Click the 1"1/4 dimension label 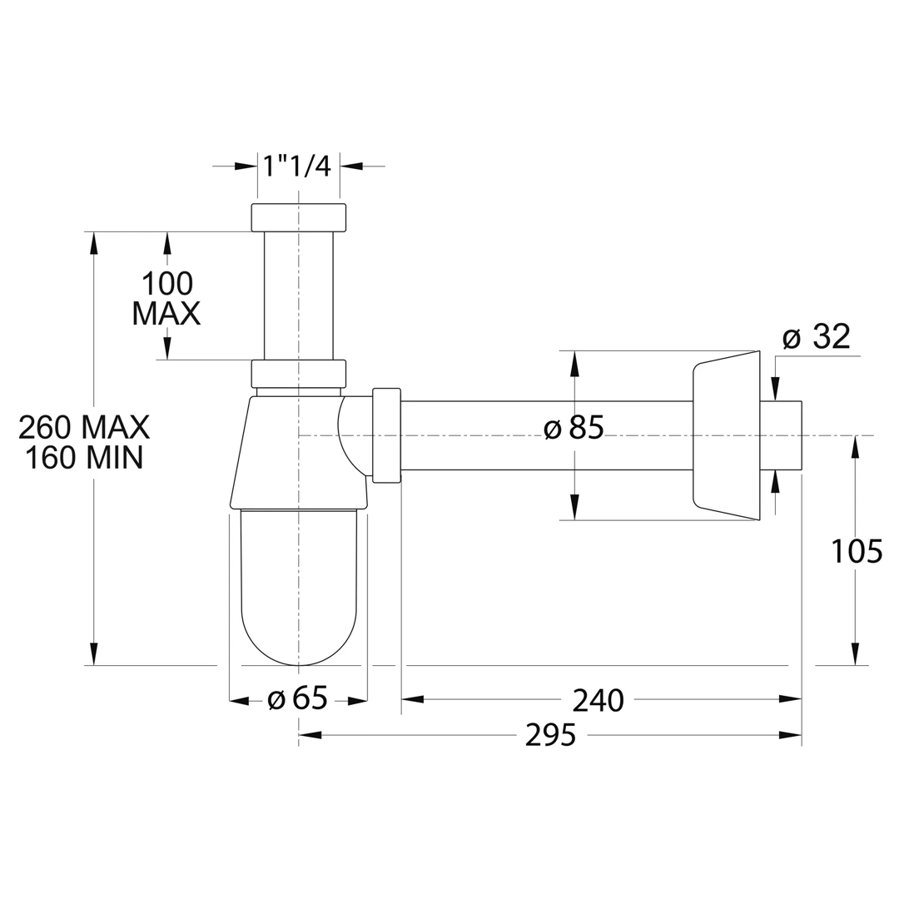[x=297, y=166]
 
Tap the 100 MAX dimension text [x=166, y=299]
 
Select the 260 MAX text [x=84, y=427]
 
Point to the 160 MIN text [x=84, y=458]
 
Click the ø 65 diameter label [x=297, y=699]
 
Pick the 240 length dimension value [x=598, y=701]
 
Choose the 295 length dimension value [x=550, y=736]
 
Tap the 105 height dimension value [x=857, y=552]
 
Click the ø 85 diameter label [x=574, y=428]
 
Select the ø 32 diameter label [x=817, y=336]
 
